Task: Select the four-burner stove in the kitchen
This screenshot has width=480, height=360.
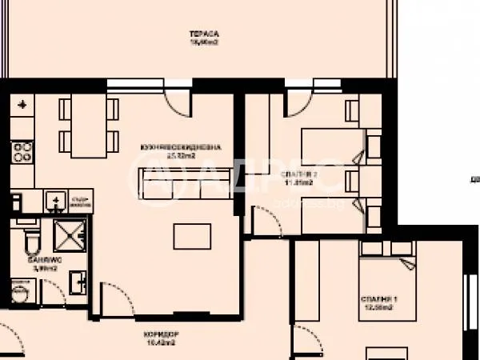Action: pyautogui.click(x=22, y=151)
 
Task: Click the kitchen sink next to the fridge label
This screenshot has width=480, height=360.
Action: pyautogui.click(x=57, y=198)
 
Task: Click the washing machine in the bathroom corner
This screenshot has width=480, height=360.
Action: pyautogui.click(x=22, y=293)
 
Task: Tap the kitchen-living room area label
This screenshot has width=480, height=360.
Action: pyautogui.click(x=181, y=151)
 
